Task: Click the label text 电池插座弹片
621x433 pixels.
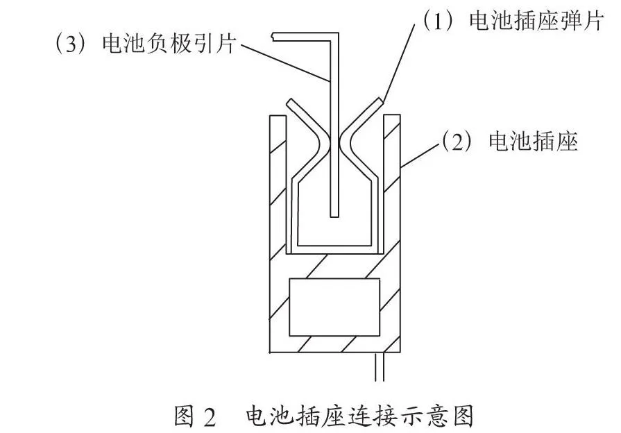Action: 536,21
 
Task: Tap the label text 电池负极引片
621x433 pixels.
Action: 169,43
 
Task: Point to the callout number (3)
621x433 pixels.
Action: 71,44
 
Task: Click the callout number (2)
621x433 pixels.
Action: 457,142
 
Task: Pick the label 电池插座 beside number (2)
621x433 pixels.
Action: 533,141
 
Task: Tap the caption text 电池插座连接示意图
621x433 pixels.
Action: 359,416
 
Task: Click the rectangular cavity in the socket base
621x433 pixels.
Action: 334,307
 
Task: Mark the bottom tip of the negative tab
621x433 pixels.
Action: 334,216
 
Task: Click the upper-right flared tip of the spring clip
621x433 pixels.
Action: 380,102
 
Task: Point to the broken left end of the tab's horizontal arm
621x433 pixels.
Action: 273,37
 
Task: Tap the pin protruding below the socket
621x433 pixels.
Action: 380,367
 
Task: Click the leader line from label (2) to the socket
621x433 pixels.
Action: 420,155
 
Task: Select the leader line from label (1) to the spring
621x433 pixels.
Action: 399,61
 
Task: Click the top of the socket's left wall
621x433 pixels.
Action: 278,116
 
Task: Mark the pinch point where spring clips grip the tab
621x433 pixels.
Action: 334,143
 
